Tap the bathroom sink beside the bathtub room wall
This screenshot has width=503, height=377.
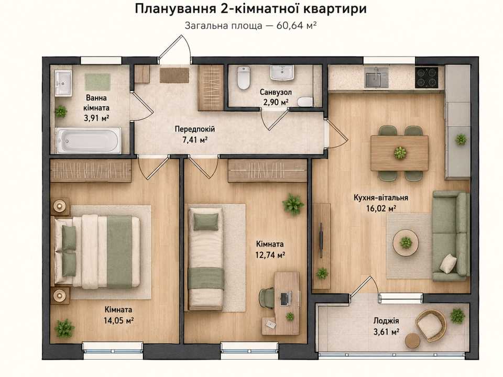(63, 83)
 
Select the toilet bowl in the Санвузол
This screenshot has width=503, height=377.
(243, 77)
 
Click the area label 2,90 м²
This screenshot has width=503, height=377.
(276, 102)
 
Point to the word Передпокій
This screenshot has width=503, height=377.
(195, 129)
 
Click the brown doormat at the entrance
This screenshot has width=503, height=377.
(174, 75)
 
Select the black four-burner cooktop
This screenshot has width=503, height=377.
(427, 77)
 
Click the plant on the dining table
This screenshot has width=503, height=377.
(400, 152)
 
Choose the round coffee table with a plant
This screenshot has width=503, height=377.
(406, 242)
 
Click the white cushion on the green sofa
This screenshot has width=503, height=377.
(448, 263)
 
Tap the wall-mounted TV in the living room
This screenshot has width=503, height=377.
(321, 239)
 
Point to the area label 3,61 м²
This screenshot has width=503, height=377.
(386, 331)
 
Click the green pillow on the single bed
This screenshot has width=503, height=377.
(205, 221)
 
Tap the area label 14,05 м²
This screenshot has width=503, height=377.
(118, 320)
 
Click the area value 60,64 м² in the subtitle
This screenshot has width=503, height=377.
(297, 25)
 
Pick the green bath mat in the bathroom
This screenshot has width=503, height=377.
(97, 82)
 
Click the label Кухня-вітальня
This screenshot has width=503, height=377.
(381, 197)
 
